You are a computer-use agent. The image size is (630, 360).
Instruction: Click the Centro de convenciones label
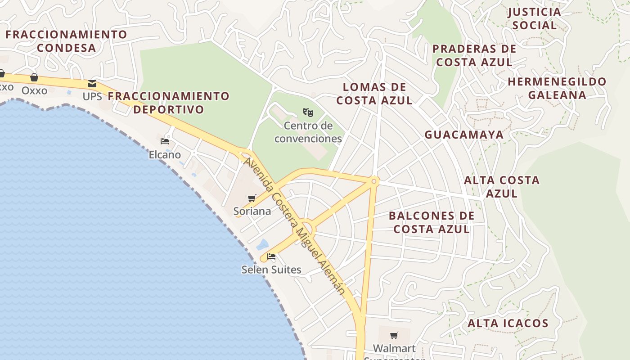tap(308, 132)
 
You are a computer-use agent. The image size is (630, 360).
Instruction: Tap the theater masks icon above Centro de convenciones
tap(308, 112)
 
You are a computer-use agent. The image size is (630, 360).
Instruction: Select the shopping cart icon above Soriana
tap(252, 198)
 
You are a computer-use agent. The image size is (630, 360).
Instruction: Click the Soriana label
tap(252, 211)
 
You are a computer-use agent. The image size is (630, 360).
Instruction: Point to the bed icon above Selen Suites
tap(271, 257)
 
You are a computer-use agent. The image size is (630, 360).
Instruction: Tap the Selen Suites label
tap(271, 270)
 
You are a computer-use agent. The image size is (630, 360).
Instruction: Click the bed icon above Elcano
tap(165, 141)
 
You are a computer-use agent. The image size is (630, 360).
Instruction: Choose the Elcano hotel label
tap(165, 155)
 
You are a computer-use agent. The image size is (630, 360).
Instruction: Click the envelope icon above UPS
tap(92, 84)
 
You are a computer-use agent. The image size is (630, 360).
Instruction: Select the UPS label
tap(92, 96)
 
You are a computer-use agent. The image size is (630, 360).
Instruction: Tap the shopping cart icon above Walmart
tap(394, 335)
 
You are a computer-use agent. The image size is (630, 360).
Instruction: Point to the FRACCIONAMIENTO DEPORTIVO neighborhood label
tap(169, 103)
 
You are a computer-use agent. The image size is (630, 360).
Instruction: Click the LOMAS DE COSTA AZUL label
tap(374, 94)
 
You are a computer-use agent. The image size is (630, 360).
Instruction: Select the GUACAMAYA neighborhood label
tap(464, 135)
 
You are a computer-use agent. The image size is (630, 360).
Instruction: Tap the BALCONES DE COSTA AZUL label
tap(432, 222)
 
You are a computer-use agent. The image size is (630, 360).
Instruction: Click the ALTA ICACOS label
tap(508, 323)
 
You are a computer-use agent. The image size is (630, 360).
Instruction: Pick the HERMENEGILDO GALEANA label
tap(557, 88)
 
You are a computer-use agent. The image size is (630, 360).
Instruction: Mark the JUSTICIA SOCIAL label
tap(535, 18)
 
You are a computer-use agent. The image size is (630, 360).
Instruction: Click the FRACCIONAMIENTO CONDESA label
tap(67, 41)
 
